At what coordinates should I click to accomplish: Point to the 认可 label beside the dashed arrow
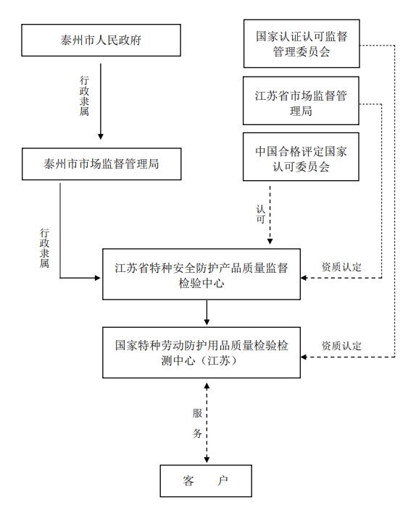pos(261,214)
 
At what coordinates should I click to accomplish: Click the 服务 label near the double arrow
pos(197,423)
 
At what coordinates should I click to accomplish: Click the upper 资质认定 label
pos(341,267)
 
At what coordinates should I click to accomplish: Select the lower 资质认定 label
pos(341,346)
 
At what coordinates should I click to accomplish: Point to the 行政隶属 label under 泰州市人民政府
pos(84,96)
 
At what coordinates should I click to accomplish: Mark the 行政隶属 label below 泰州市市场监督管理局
pos(45,248)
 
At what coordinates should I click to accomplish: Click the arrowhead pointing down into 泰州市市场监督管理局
pos(101,137)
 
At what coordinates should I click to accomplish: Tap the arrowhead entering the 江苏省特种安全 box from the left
pos(97,278)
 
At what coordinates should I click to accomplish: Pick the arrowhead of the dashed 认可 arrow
pos(270,242)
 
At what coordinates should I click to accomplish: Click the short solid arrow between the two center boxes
pos(207,313)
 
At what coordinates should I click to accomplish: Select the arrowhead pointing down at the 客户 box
pos(207,459)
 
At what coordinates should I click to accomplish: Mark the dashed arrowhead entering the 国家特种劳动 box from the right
pos(304,357)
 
